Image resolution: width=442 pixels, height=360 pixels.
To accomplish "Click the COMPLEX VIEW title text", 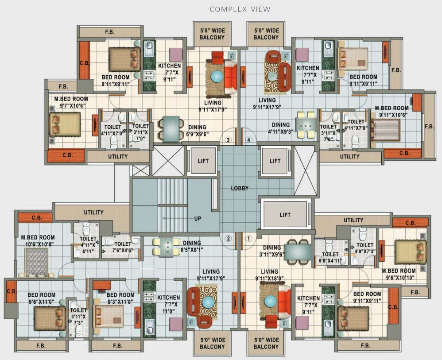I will (240, 9).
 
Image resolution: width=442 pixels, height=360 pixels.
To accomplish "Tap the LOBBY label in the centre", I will (240, 188).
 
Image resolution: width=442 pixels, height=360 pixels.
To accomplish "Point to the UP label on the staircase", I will (198, 218).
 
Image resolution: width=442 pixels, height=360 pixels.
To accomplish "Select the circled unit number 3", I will (228, 140).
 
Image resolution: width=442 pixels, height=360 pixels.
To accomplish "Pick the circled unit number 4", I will (249, 140).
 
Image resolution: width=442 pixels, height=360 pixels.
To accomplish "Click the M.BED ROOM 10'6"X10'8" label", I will (38, 241).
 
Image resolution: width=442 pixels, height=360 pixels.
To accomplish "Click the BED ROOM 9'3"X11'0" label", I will (120, 298).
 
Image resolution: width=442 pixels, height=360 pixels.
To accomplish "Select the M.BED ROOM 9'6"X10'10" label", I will (399, 274).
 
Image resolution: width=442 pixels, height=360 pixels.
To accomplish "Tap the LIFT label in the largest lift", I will (285, 215).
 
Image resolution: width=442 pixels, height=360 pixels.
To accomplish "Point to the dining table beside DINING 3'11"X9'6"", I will (298, 251).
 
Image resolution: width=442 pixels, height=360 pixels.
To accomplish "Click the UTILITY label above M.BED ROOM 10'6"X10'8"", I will (94, 213).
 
